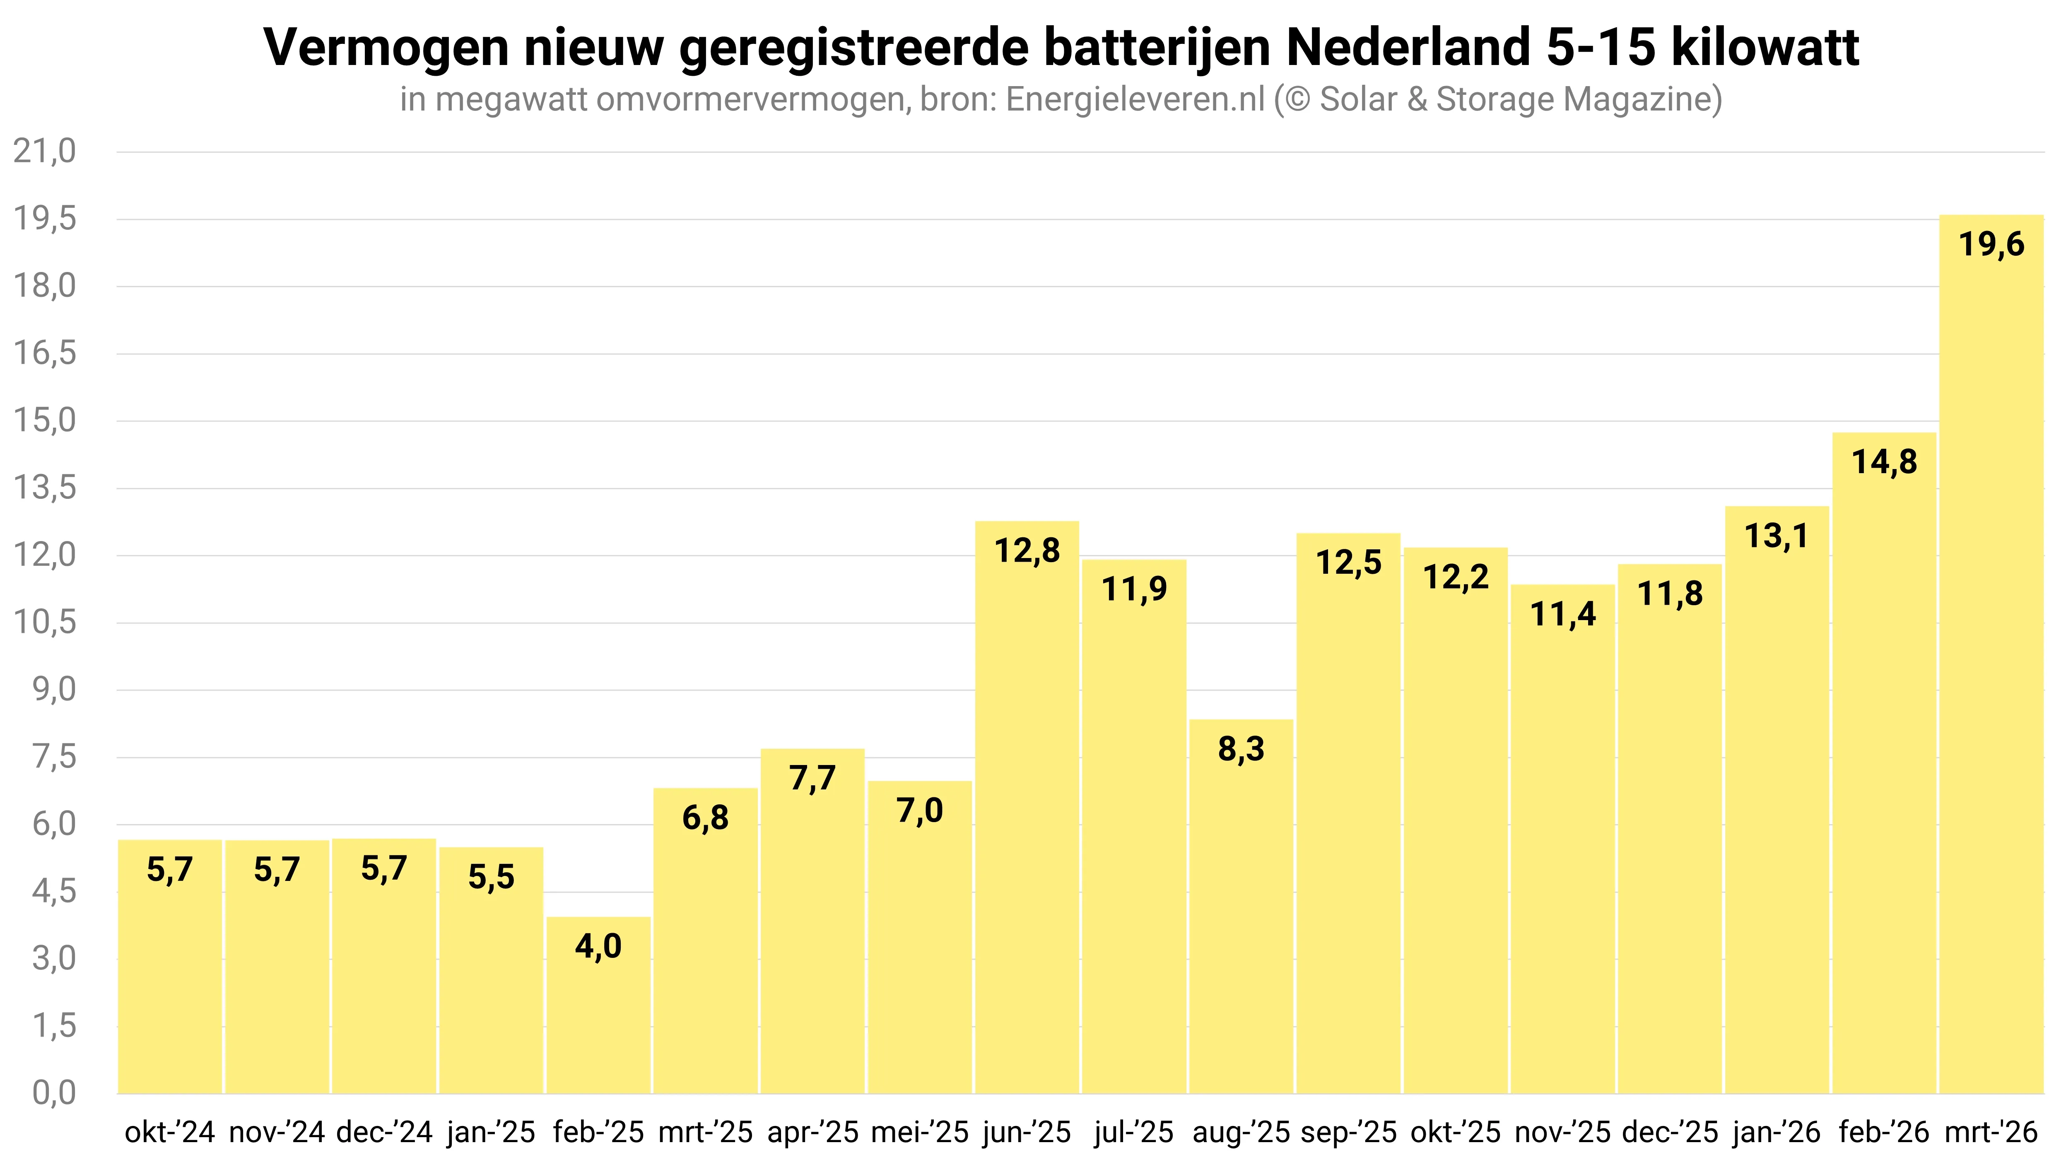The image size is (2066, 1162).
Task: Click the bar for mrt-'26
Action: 1991,654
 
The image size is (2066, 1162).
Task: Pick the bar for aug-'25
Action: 1241,906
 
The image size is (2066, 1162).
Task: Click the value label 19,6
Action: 1991,244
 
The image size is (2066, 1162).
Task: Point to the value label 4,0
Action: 598,946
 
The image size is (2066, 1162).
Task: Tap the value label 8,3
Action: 1241,749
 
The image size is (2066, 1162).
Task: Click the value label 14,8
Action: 1884,462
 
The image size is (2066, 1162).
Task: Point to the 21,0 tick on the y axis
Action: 45,151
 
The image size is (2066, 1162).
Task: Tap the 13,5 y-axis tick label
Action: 45,488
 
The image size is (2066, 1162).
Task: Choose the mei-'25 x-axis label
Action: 920,1132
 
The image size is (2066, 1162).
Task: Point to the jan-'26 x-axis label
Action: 1777,1132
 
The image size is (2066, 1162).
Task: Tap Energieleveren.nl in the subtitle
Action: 1135,99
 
